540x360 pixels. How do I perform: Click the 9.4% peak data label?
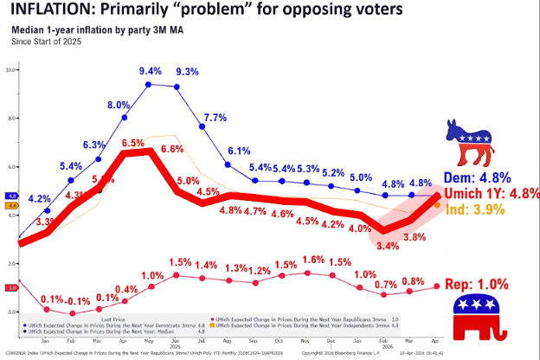(x=150, y=71)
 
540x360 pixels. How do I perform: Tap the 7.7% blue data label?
(x=215, y=118)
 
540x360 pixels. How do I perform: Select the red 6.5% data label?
(x=132, y=143)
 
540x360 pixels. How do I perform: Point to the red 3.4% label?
(x=389, y=247)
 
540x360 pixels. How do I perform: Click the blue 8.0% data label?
(x=119, y=106)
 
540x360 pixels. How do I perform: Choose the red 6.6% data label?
(x=172, y=149)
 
